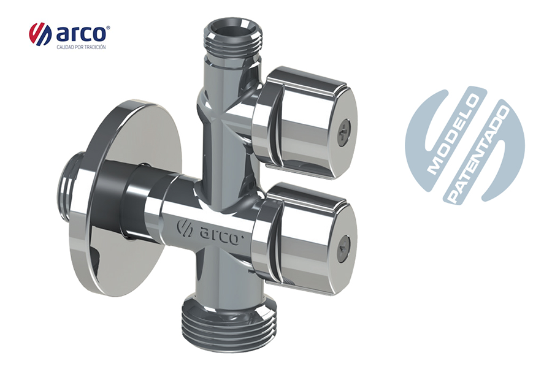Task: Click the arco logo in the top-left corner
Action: [69, 34]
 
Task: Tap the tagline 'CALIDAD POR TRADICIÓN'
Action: [81, 47]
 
